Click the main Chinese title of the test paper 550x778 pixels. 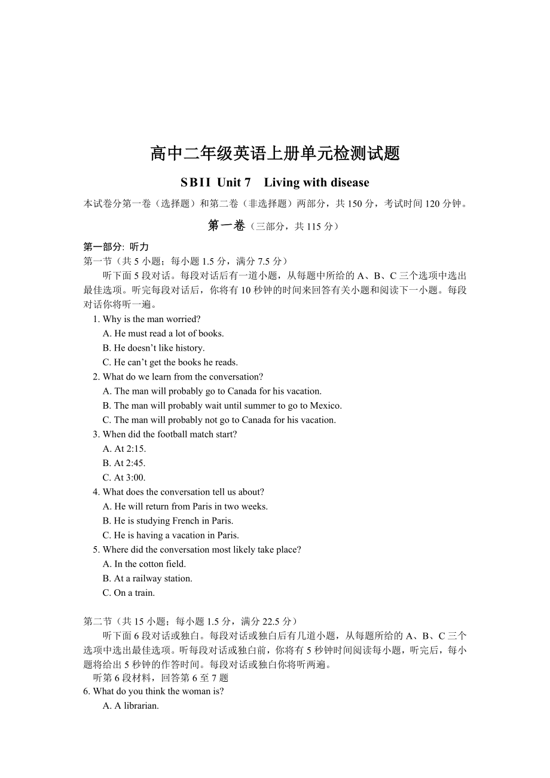(275, 154)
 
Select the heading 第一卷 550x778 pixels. (226, 225)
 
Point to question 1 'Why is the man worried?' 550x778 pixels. (151, 319)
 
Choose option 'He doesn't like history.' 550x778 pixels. (160, 348)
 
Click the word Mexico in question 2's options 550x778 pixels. (325, 406)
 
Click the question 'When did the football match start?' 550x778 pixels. (170, 434)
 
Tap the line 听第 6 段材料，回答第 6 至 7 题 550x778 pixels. (161, 678)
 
